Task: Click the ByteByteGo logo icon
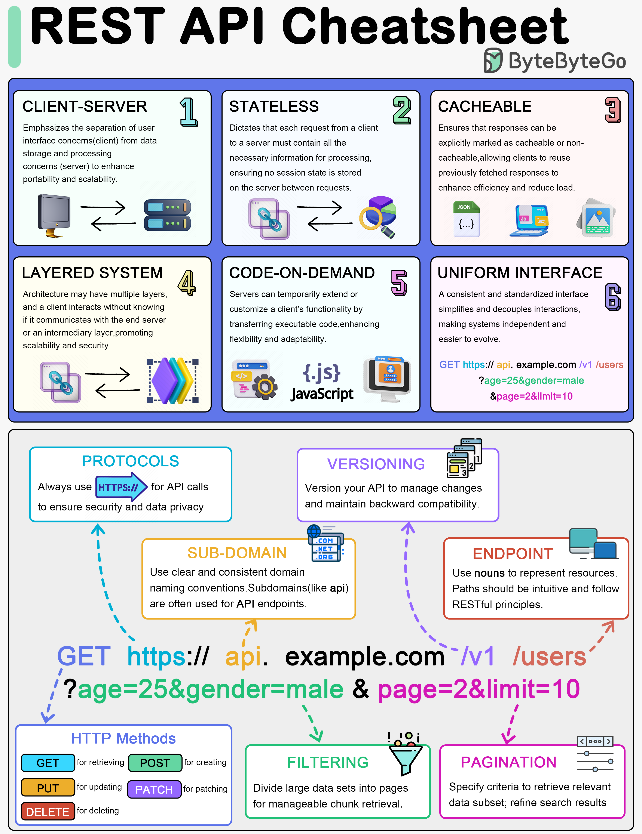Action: coord(493,60)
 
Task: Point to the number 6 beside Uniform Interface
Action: coord(612,297)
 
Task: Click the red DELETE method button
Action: coord(48,812)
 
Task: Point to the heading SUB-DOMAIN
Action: coord(237,553)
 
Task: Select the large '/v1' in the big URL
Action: coord(478,657)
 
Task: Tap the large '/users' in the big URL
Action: coord(549,657)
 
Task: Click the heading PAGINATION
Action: coord(508,762)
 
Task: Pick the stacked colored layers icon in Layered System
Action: coord(173,381)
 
